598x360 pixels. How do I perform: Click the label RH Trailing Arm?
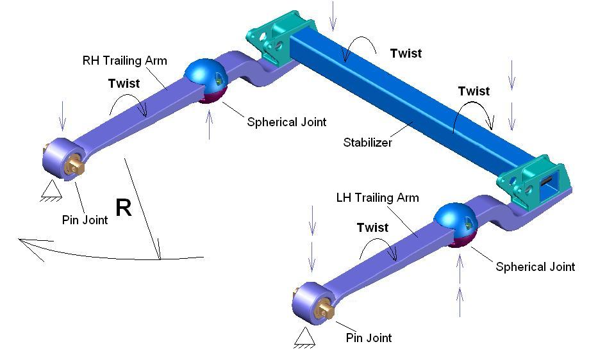click(x=124, y=61)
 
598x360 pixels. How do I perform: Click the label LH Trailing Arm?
click(x=378, y=197)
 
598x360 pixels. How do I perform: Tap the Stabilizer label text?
click(x=367, y=142)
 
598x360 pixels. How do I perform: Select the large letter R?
click(x=124, y=208)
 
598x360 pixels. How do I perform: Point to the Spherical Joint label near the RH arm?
click(x=287, y=122)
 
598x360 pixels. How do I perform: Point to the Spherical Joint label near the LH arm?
click(x=535, y=266)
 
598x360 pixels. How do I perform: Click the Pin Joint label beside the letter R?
click(x=85, y=220)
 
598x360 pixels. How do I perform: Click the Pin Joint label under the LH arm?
click(x=369, y=338)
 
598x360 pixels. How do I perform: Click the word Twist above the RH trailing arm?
click(x=124, y=83)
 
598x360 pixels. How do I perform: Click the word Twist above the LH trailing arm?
click(x=372, y=227)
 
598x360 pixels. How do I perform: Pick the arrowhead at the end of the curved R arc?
click(x=26, y=243)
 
